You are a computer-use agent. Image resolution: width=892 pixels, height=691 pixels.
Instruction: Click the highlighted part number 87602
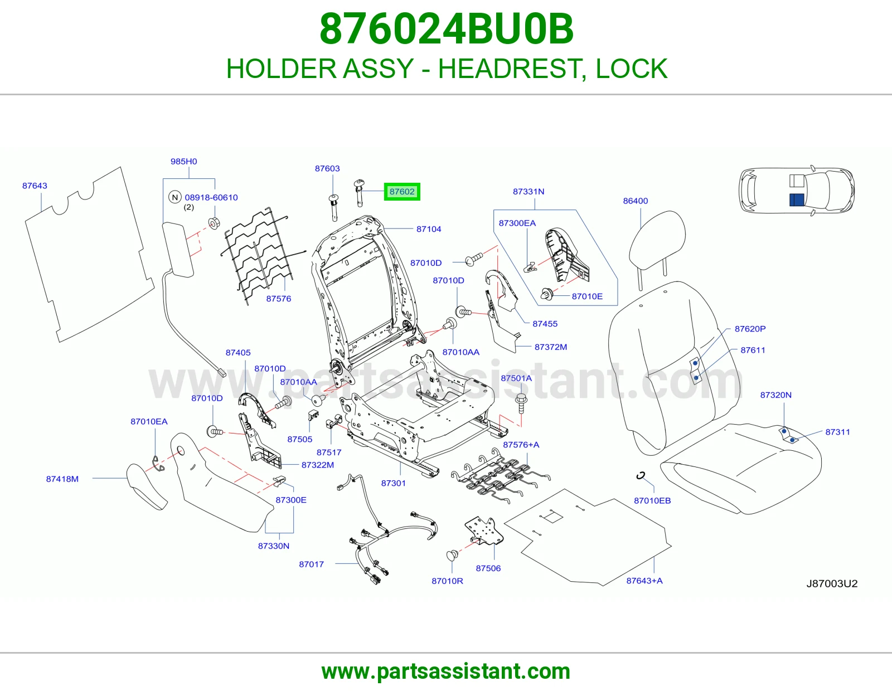click(402, 192)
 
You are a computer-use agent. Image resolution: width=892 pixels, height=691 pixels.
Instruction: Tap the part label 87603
click(327, 168)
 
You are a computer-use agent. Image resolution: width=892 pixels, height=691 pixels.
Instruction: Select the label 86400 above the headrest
click(636, 201)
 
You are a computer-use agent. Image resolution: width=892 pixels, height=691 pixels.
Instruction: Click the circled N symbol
click(175, 197)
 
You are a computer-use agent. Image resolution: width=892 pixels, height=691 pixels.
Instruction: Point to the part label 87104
click(429, 229)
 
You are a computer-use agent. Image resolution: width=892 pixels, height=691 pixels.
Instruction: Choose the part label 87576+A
click(521, 444)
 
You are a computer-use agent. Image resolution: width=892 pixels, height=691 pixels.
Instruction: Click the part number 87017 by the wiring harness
click(311, 564)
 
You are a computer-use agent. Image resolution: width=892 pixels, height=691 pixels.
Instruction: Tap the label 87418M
click(62, 479)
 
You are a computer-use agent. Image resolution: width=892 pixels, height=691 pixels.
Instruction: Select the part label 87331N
click(529, 191)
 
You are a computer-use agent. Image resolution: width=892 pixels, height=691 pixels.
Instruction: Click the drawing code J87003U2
click(832, 583)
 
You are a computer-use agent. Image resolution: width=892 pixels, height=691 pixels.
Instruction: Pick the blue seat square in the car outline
click(797, 200)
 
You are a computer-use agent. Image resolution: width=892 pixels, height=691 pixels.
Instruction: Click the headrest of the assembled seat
click(657, 238)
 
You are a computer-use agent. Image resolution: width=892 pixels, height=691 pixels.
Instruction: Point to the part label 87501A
click(516, 378)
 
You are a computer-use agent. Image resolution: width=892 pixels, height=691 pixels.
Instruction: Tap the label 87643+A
click(644, 581)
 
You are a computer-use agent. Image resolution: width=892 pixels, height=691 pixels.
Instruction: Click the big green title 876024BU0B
click(446, 29)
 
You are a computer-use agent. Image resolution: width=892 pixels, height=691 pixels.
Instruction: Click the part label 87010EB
click(652, 500)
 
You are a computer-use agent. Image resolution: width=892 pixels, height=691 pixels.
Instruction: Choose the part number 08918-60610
click(211, 197)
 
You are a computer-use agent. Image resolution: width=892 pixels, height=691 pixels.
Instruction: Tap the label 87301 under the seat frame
click(393, 483)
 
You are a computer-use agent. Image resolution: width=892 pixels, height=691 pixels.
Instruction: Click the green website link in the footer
click(446, 671)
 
